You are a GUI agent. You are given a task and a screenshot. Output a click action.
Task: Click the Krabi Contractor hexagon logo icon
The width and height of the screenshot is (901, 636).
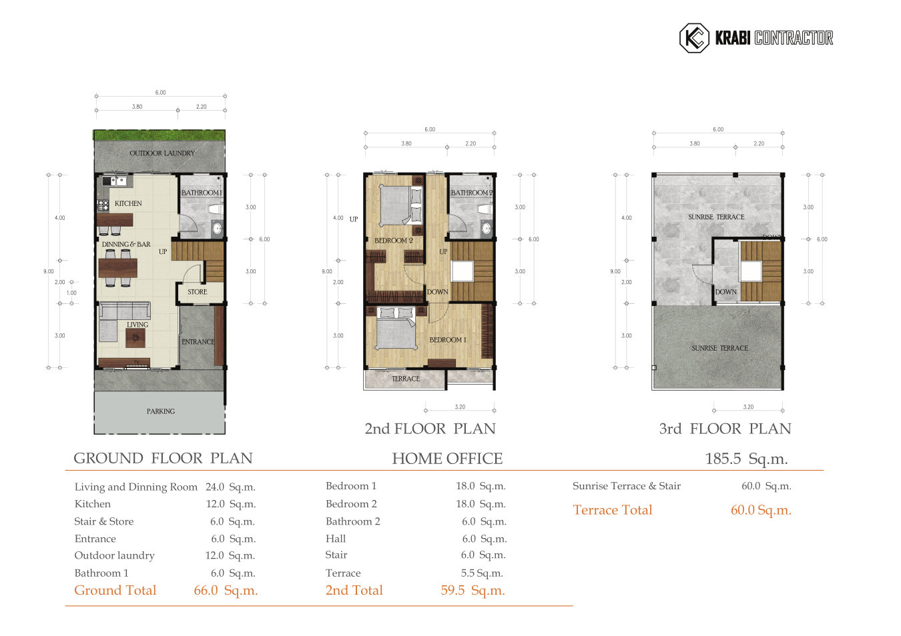click(693, 38)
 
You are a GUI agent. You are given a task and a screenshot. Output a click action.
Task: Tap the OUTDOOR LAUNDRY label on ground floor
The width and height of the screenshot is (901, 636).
click(162, 153)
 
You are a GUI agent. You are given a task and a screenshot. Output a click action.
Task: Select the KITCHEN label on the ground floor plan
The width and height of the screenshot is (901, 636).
click(128, 203)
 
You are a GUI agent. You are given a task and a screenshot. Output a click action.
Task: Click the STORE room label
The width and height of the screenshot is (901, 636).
click(197, 292)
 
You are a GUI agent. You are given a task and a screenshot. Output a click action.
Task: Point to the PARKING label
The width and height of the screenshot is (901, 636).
click(160, 411)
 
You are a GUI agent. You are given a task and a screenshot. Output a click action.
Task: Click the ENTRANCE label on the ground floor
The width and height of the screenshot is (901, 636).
click(198, 342)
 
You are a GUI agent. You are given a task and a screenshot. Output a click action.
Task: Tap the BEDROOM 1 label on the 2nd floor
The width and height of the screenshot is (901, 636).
click(447, 340)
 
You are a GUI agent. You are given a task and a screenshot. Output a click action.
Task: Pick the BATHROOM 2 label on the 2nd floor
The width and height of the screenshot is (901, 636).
click(471, 193)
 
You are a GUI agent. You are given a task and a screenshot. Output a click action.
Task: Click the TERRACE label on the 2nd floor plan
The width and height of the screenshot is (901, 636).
click(406, 379)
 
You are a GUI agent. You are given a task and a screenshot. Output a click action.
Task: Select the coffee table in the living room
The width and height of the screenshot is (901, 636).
click(135, 339)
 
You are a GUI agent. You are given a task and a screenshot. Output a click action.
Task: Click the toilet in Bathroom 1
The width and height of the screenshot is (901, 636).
click(215, 209)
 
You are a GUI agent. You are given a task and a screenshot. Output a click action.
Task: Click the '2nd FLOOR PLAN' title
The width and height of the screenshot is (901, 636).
click(430, 429)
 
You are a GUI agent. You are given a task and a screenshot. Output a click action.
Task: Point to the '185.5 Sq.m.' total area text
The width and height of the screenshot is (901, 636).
click(746, 459)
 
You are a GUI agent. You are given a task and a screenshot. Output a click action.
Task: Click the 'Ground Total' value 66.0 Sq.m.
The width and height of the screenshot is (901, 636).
click(226, 591)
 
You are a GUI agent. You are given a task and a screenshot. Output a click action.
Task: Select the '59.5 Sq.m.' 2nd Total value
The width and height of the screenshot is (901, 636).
click(473, 591)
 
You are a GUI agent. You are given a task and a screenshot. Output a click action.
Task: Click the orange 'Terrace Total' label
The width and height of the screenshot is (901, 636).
click(612, 510)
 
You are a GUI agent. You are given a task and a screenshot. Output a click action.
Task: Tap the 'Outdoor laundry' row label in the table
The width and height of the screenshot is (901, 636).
click(114, 555)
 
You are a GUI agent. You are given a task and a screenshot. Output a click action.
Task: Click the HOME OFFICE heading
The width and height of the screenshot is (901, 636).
click(447, 459)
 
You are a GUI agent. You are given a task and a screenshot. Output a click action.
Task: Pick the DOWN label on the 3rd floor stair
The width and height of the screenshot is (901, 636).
click(725, 292)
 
